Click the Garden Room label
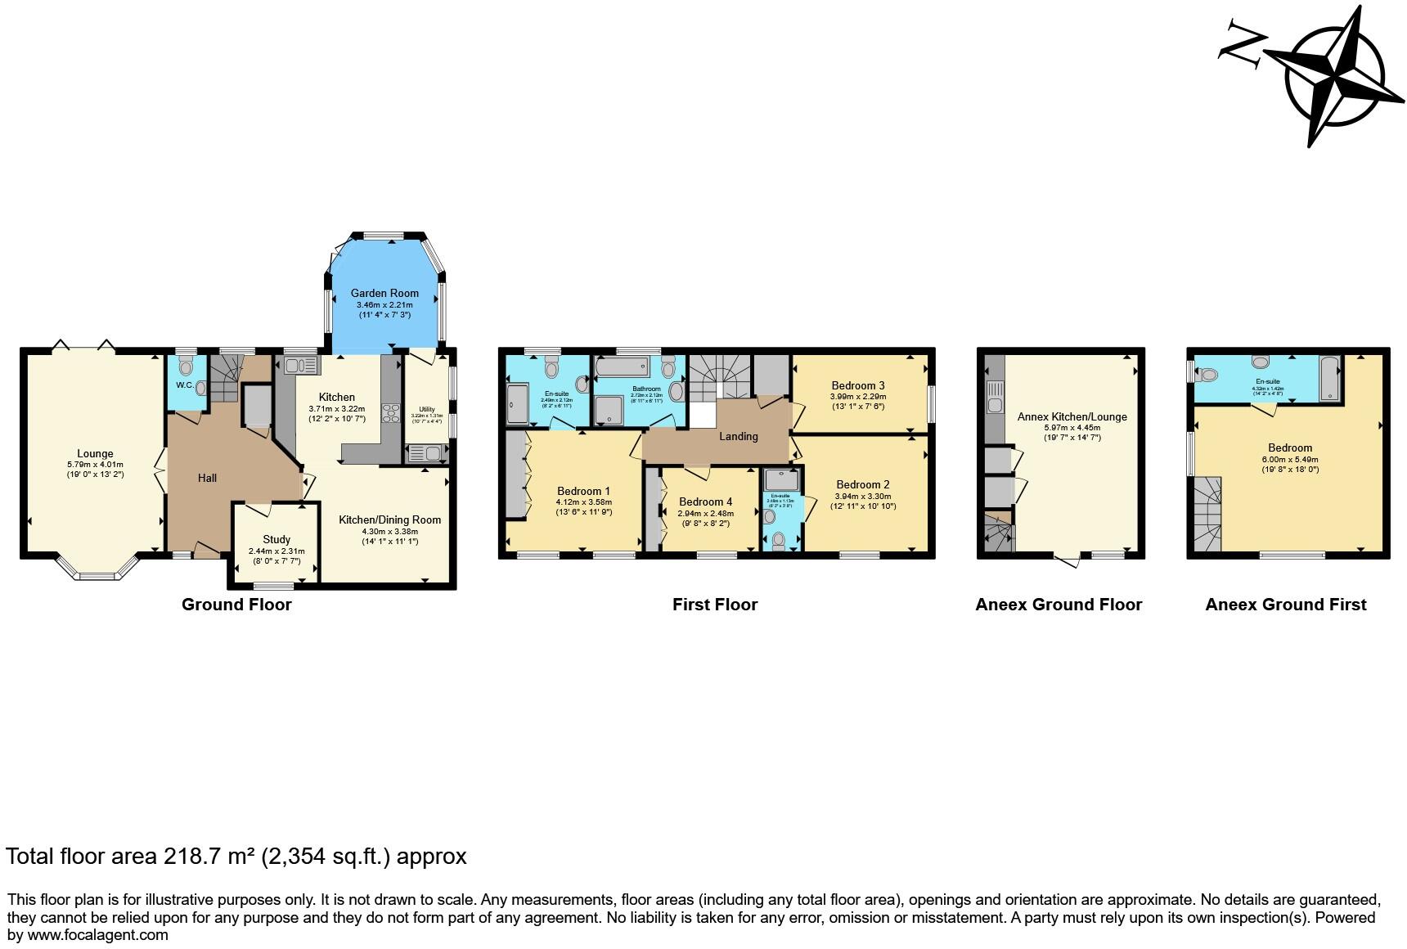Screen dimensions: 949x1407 384,293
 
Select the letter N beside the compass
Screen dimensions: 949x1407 1240,43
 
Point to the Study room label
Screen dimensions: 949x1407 276,539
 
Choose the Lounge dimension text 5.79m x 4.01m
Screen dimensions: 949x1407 95,464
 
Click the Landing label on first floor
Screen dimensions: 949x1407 738,436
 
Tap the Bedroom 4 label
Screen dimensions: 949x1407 701,501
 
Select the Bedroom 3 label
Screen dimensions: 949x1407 858,385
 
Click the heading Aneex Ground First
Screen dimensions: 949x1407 1285,605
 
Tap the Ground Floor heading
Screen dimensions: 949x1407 236,605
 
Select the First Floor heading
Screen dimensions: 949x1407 715,605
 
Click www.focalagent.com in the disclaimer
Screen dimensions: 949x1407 98,934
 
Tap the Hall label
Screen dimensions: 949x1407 207,478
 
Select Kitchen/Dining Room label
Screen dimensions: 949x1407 389,519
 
